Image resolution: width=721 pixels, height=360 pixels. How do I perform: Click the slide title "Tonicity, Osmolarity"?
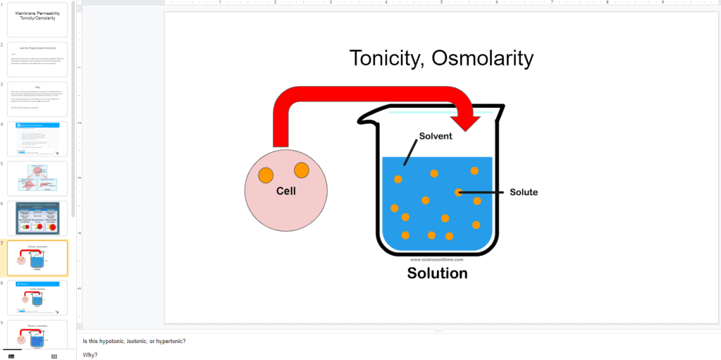tap(441, 58)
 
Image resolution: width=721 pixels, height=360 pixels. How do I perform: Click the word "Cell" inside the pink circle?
tap(286, 191)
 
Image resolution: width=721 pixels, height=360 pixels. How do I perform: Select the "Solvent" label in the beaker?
tap(436, 136)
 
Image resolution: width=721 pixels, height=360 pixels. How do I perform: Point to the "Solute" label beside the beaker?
tap(524, 192)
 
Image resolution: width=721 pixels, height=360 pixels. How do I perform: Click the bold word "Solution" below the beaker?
tap(437, 273)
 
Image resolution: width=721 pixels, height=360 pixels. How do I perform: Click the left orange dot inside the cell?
tap(266, 175)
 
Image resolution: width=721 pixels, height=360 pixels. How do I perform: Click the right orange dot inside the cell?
tap(302, 170)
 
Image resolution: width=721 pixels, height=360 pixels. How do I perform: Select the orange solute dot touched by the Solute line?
tap(459, 192)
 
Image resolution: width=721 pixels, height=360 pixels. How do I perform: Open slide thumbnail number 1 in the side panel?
tap(37, 20)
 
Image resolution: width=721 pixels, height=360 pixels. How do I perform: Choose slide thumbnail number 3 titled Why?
tap(37, 99)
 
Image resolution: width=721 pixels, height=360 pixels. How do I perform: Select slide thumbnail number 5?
tap(37, 178)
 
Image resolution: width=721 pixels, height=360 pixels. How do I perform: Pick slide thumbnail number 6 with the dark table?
tap(37, 218)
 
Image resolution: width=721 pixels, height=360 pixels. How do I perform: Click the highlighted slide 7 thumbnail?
tap(37, 258)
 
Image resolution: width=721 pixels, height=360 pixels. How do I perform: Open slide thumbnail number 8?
tap(37, 297)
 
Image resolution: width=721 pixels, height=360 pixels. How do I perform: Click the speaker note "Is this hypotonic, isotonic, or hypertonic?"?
tap(134, 342)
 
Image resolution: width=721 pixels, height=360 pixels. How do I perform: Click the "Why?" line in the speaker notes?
tap(90, 354)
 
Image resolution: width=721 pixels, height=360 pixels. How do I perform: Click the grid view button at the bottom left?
tap(54, 356)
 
